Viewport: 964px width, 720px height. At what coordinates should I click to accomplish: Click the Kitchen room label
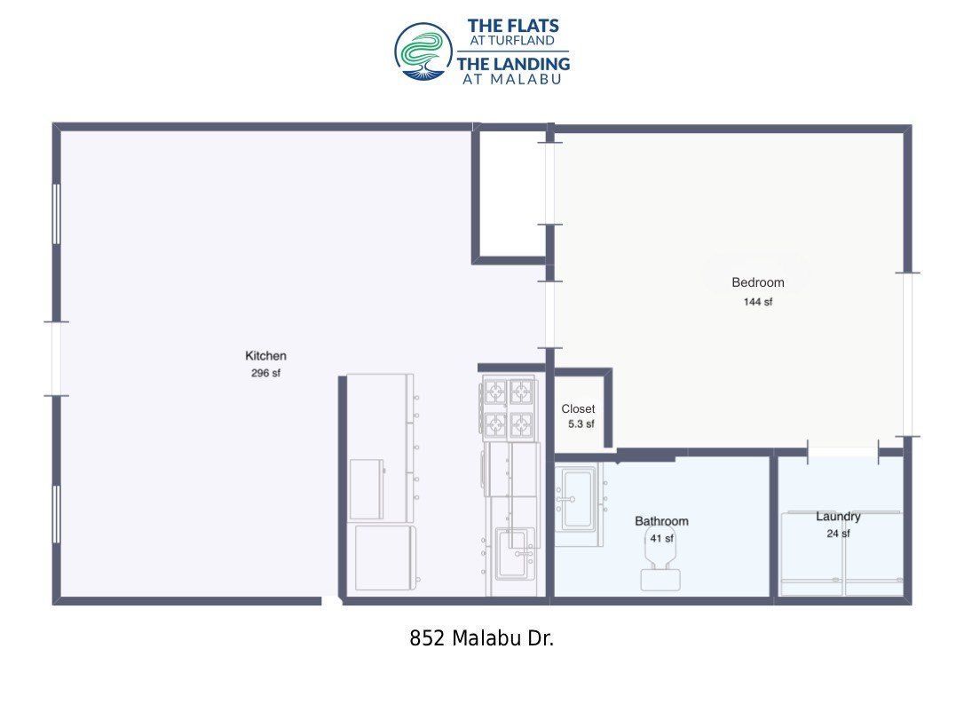click(265, 355)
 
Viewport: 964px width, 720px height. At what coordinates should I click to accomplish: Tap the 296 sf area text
click(265, 373)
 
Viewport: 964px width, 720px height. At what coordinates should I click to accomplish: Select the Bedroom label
click(757, 282)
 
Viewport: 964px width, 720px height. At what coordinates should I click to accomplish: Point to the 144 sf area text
click(757, 301)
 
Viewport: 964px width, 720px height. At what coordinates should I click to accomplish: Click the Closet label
click(578, 408)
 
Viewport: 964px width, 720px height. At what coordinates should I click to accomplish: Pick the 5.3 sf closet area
click(581, 423)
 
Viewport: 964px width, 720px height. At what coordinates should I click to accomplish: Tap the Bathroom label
click(661, 521)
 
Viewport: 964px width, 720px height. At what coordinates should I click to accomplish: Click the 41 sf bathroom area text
click(661, 538)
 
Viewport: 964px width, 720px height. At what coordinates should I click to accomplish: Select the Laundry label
click(838, 517)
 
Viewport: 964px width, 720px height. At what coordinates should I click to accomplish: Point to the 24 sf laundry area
click(838, 533)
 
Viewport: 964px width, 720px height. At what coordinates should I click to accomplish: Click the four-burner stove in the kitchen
click(509, 407)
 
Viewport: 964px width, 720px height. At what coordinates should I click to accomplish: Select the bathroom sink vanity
click(579, 505)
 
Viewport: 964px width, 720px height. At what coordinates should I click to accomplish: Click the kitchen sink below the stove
click(514, 553)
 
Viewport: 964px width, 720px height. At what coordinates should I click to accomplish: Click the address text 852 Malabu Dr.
click(481, 638)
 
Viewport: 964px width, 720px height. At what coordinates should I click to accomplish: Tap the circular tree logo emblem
click(423, 52)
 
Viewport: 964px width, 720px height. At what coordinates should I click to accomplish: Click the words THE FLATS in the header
click(513, 26)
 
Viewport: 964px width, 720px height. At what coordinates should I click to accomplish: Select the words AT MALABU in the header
click(512, 79)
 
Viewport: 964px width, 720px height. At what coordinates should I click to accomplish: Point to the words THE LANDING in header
click(513, 63)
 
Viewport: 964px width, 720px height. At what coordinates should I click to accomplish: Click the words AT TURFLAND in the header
click(512, 41)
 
